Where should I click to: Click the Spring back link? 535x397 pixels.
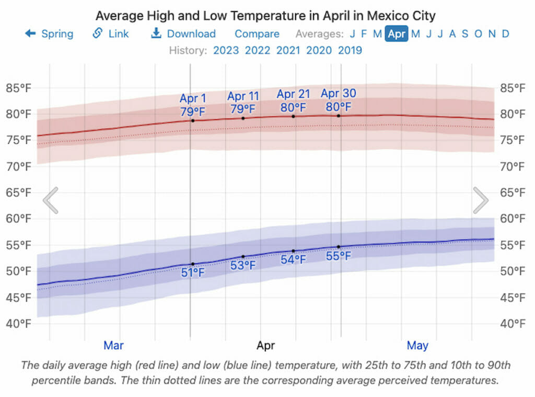[x=50, y=34]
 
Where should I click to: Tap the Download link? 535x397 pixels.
[x=183, y=34]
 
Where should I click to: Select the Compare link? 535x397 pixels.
[x=257, y=34]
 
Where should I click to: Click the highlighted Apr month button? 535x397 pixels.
[x=397, y=34]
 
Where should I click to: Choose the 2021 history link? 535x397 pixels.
[x=288, y=51]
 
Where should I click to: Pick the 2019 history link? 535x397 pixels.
[x=350, y=51]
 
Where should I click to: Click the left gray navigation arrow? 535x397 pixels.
[x=51, y=200]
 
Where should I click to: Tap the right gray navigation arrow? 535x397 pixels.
[x=480, y=200]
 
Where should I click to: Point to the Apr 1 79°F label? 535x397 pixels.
[x=192, y=105]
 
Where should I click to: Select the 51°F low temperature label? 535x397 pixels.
[x=192, y=273]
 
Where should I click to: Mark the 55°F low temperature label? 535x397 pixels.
[x=338, y=256]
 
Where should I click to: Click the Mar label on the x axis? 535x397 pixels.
[x=113, y=345]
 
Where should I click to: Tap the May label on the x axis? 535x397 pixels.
[x=417, y=345]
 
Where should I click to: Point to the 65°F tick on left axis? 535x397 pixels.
[x=18, y=192]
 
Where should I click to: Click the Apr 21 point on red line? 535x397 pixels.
[x=293, y=116]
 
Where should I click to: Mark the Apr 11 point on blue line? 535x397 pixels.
[x=243, y=257]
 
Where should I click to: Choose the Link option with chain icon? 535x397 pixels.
[x=110, y=34]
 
